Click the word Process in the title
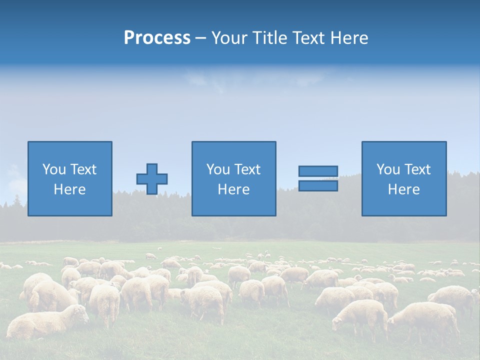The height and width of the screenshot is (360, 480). point(157,38)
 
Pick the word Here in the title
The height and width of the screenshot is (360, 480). point(349,38)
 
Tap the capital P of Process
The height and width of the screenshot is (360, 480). point(129,38)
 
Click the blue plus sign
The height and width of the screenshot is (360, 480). point(152,179)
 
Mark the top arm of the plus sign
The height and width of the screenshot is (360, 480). point(152,168)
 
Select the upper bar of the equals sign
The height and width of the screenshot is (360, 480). point(318,171)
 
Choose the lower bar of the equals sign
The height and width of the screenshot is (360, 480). point(318,186)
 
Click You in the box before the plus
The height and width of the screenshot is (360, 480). point(54,169)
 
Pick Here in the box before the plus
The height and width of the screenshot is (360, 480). point(69,189)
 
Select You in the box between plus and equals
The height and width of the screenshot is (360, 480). point(218,169)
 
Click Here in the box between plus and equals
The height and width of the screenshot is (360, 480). point(233,189)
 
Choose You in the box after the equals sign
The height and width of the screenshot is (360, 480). point(388,169)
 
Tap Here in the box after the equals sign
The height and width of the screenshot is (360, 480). point(403,189)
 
